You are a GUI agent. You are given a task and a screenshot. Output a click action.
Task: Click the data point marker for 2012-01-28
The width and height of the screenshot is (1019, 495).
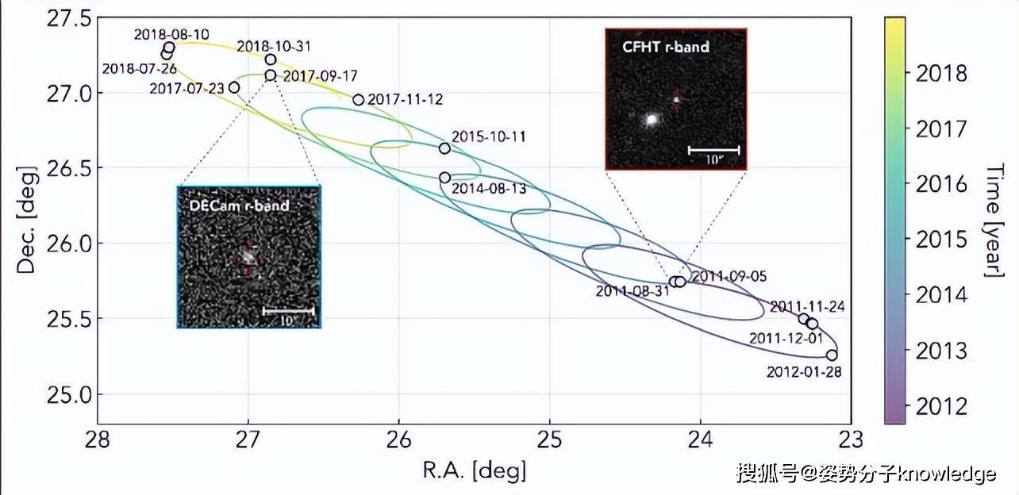click(832, 355)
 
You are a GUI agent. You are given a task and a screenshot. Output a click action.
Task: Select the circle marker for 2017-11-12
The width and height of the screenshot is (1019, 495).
click(358, 100)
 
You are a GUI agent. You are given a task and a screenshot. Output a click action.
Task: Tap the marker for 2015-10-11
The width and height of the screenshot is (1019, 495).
click(444, 148)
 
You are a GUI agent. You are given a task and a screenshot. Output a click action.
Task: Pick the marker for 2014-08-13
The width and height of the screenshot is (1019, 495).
click(444, 178)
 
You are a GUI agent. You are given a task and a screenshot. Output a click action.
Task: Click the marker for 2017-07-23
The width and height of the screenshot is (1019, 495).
click(234, 87)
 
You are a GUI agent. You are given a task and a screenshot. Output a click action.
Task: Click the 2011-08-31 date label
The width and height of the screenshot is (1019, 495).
click(633, 291)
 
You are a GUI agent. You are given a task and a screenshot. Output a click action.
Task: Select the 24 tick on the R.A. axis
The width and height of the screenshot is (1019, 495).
click(701, 439)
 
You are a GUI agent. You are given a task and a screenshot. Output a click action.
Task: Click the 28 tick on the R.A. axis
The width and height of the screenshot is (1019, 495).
click(98, 439)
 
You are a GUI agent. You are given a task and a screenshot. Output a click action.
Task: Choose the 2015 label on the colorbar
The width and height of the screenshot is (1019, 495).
click(941, 240)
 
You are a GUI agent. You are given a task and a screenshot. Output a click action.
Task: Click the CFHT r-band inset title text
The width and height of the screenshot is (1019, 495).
click(665, 48)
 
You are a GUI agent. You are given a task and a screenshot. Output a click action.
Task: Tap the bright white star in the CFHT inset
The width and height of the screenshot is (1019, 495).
click(652, 120)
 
